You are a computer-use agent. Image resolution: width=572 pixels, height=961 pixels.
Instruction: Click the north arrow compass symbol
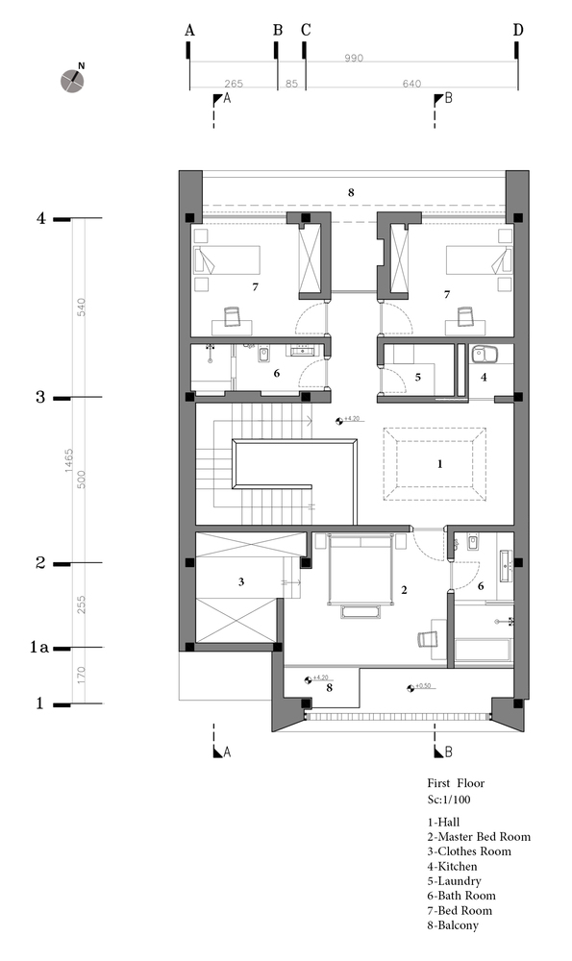[x=72, y=81]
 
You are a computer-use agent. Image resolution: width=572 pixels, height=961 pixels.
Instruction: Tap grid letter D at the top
[x=518, y=31]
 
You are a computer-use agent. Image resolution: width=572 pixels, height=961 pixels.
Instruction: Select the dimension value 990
[x=354, y=59]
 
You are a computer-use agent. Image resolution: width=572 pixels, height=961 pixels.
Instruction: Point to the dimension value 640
[x=411, y=84]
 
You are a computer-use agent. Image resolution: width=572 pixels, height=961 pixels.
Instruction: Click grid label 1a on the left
[x=38, y=648]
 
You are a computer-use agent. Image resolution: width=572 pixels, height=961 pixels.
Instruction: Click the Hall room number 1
[x=439, y=463]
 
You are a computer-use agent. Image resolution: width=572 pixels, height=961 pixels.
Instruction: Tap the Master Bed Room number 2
[x=405, y=590]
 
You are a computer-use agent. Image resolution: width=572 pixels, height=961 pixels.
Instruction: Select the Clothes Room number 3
[x=241, y=581]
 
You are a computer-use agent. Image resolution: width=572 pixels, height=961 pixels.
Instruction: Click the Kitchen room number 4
[x=484, y=378]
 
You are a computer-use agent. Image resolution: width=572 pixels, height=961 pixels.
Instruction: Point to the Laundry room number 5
[x=417, y=378]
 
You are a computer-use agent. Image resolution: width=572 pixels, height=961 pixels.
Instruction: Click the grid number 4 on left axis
[x=40, y=218]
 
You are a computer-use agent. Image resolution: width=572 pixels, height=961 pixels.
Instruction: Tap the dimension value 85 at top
[x=290, y=84]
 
